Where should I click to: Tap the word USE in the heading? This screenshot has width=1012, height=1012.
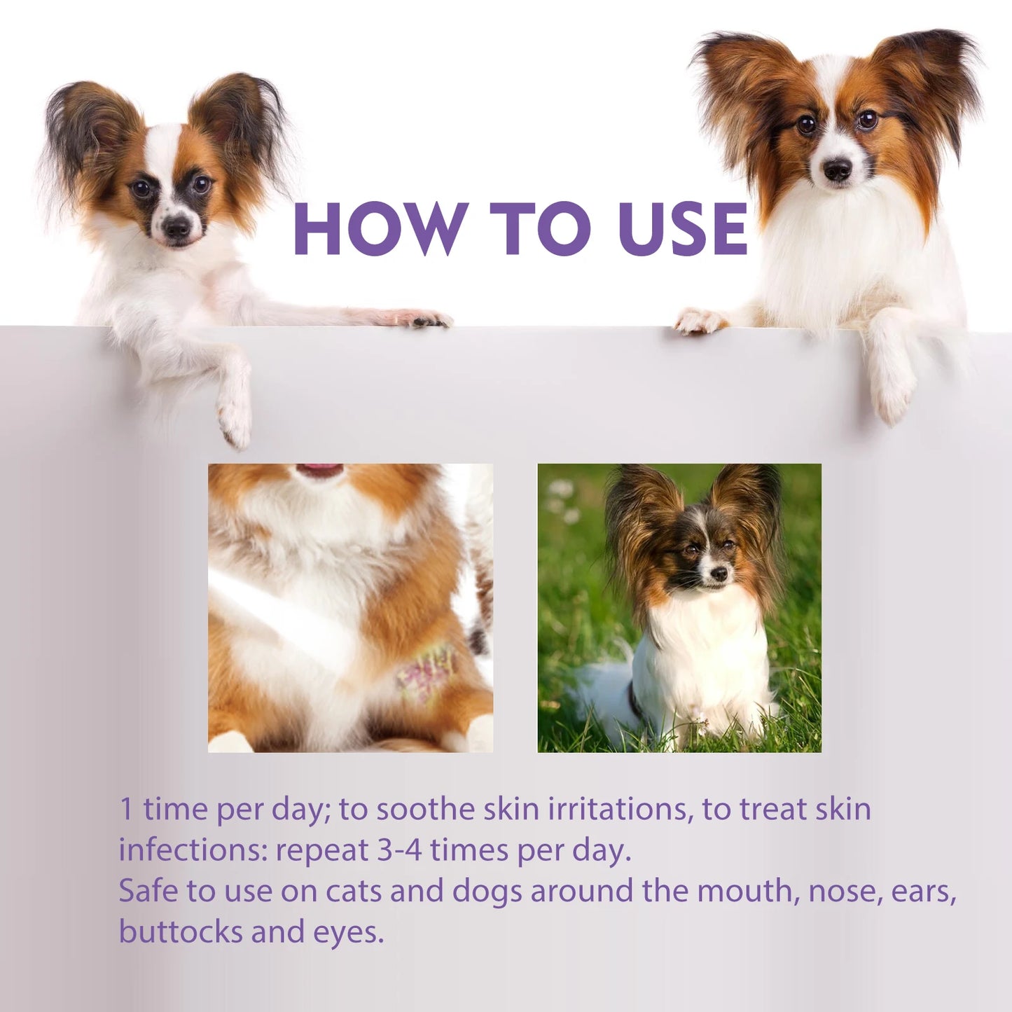(x=683, y=228)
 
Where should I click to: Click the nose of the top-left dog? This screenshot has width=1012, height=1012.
(x=175, y=226)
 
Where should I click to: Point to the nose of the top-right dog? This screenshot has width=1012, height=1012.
(x=837, y=168)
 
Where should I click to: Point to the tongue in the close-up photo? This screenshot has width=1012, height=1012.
(x=319, y=471)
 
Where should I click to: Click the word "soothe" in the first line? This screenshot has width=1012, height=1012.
(x=425, y=809)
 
